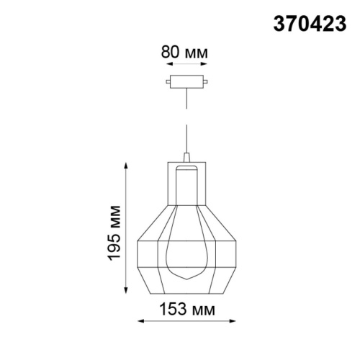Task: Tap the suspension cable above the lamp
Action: pyautogui.click(x=186, y=122)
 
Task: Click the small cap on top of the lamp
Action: pyautogui.click(x=186, y=156)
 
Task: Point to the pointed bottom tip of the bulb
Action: pyautogui.click(x=186, y=279)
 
